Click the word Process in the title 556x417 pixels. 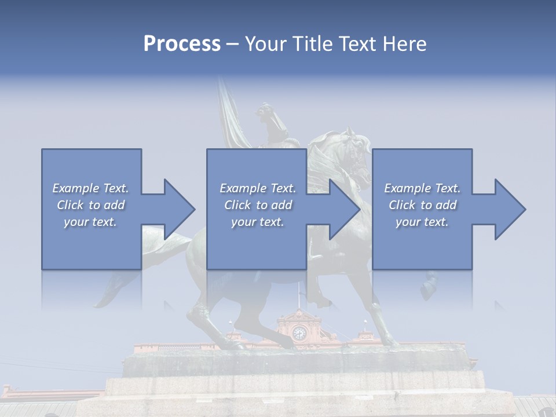tap(182, 44)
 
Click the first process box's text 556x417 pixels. tap(90, 205)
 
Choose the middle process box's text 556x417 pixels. tap(258, 205)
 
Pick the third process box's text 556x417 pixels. tap(422, 205)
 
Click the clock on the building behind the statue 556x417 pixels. tap(299, 333)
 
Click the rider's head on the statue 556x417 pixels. tap(267, 110)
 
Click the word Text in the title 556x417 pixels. tap(353, 44)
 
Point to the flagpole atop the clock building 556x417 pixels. tap(299, 295)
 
